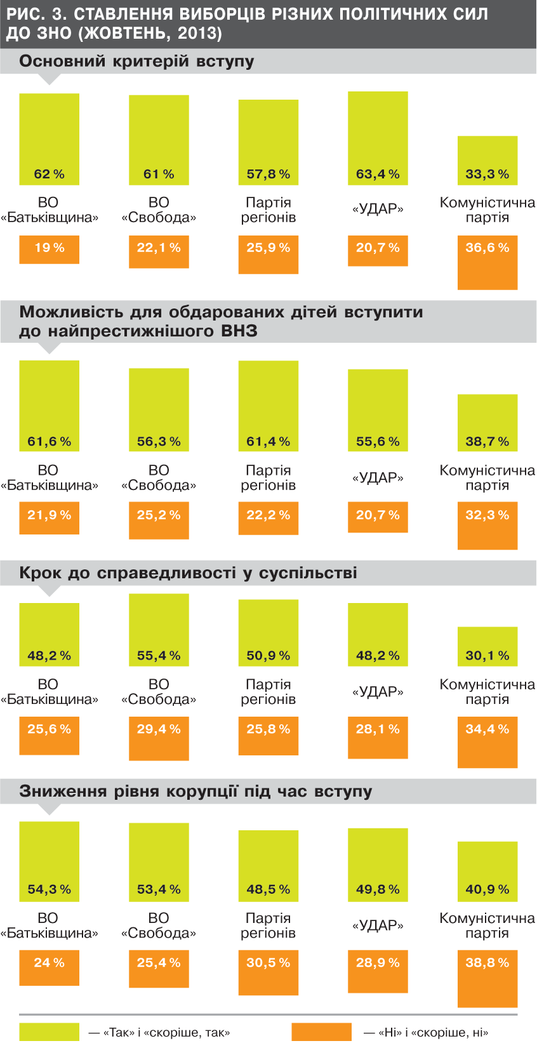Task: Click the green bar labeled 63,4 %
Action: coord(378,138)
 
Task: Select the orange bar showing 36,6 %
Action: coord(487,263)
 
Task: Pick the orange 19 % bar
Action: coord(49,249)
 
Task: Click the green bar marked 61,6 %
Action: coord(49,406)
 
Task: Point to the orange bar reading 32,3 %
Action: coord(487,526)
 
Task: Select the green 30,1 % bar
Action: coord(487,646)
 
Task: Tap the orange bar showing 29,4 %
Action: coord(159,738)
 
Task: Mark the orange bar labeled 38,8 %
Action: coord(487,978)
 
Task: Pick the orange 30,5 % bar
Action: coord(268,972)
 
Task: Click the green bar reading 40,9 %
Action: coord(487,872)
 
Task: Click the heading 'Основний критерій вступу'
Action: coord(136,62)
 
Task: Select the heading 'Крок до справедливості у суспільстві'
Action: coord(188,573)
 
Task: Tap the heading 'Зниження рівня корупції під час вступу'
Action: coord(196,792)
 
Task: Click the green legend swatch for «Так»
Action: coord(49,1032)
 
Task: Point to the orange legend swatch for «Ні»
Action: coord(321,1032)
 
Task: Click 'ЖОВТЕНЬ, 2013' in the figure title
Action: coord(152,34)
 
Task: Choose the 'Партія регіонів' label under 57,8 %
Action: coord(268,210)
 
